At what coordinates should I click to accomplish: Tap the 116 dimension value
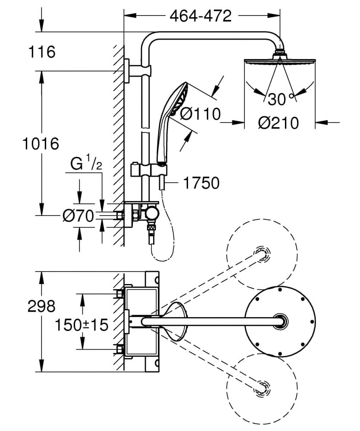(42, 52)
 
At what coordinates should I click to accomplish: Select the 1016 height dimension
(40, 143)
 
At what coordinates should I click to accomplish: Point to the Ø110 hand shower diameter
(200, 115)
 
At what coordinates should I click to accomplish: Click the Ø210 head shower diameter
(278, 123)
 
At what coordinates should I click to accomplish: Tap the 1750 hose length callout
(201, 183)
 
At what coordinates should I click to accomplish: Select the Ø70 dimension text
(78, 216)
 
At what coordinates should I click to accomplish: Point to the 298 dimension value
(41, 306)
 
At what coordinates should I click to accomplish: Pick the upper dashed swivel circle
(262, 254)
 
